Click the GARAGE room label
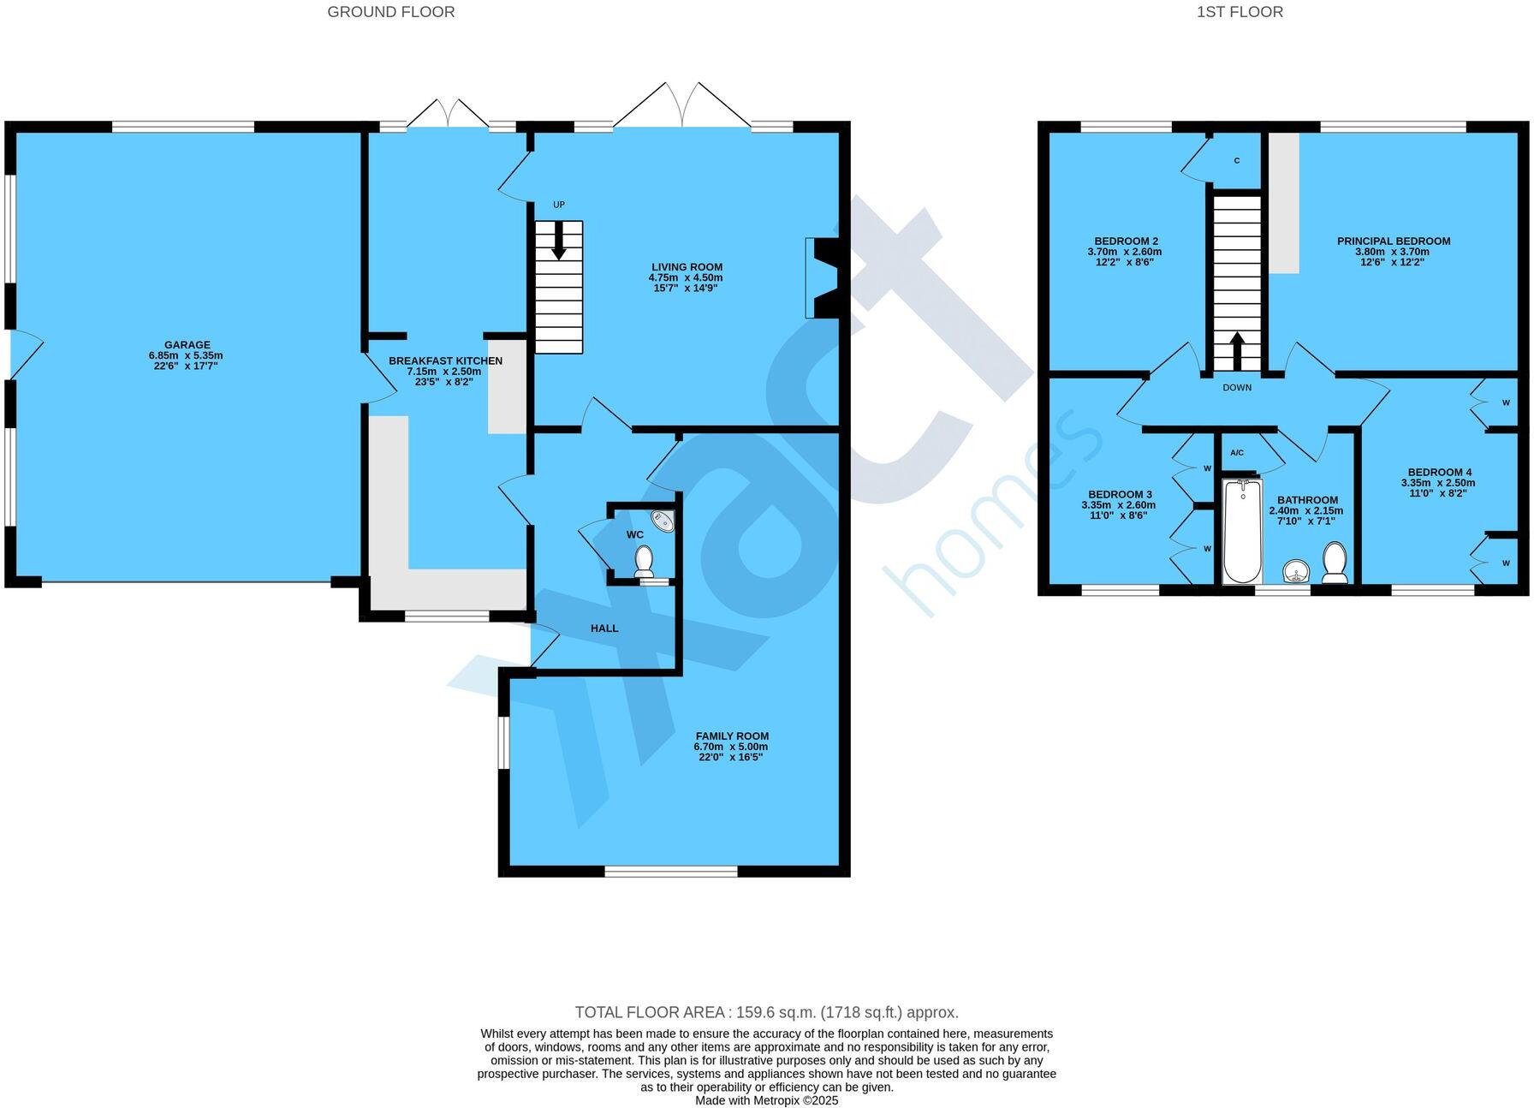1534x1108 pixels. (187, 346)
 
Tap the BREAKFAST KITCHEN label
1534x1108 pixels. (445, 361)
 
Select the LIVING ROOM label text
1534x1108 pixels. (687, 267)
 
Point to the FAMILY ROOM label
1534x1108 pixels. (732, 736)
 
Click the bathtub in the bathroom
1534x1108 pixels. (1242, 531)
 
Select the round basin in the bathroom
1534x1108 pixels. (1298, 571)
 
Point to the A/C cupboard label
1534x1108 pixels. (1236, 452)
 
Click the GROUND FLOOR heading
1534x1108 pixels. (391, 12)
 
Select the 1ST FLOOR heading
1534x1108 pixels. (1240, 12)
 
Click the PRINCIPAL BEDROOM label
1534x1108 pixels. (1394, 241)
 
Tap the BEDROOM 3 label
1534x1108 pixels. (1120, 495)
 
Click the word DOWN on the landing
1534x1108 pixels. (1237, 388)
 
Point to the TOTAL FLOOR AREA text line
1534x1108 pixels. (766, 1012)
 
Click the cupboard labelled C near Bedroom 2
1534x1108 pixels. (1237, 161)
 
